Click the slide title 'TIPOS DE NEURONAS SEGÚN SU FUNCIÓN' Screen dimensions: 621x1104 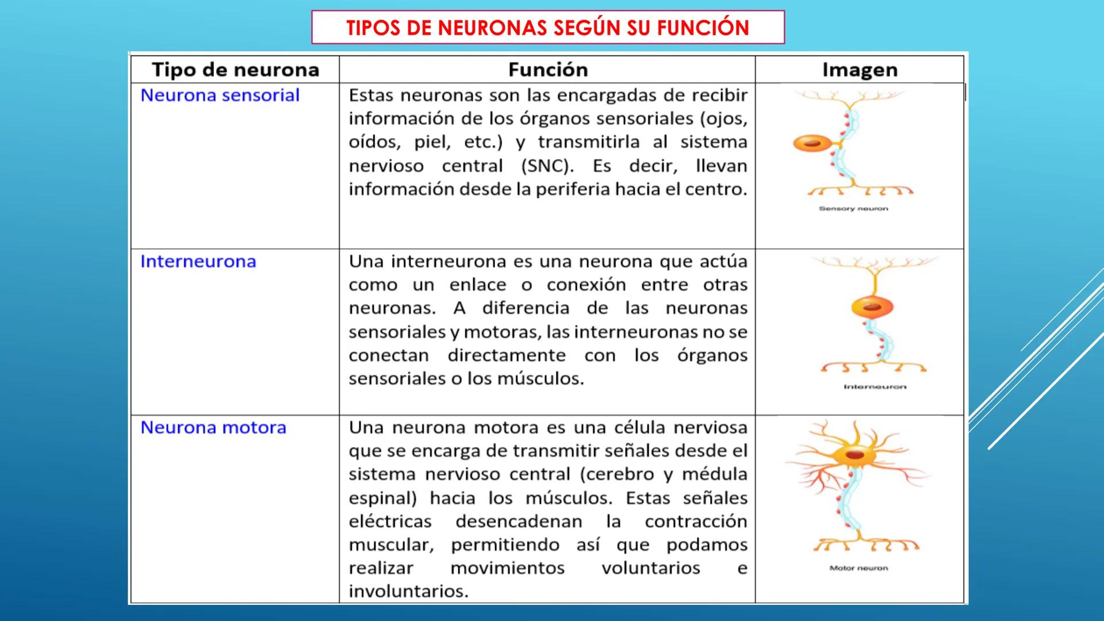coord(547,28)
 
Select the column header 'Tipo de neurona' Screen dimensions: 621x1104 coord(235,70)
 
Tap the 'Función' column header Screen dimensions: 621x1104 coord(547,70)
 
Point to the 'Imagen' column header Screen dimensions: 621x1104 coord(860,70)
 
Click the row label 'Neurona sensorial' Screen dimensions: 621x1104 coord(220,95)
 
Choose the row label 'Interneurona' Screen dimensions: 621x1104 coord(198,262)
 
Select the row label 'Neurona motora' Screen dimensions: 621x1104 coord(213,428)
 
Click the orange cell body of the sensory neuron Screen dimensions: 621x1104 coord(811,143)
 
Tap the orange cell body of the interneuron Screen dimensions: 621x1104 coord(872,307)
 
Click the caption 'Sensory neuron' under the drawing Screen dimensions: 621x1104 coord(853,209)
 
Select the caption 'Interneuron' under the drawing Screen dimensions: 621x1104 coord(875,387)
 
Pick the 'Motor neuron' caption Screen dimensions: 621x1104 coord(858,568)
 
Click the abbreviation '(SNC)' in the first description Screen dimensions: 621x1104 coord(547,166)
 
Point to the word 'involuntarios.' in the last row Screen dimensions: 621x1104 coord(408,592)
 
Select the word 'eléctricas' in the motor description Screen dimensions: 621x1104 coord(390,522)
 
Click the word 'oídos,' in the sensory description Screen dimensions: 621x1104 coord(374,143)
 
